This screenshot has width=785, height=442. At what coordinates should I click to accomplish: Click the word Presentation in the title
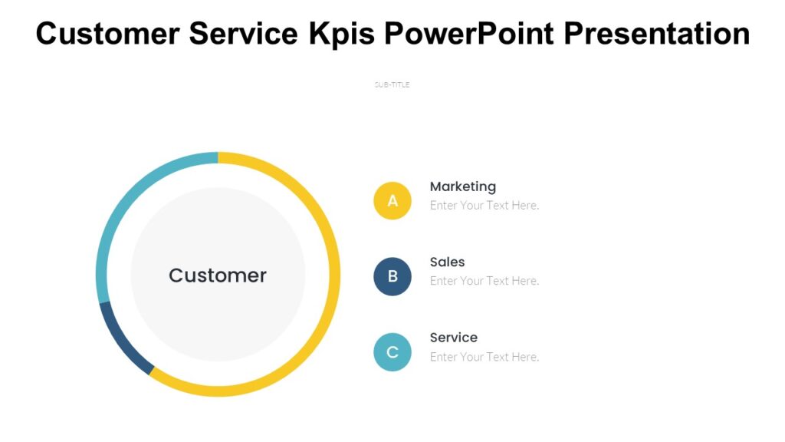[659, 33]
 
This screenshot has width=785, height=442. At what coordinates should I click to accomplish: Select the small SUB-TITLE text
[392, 84]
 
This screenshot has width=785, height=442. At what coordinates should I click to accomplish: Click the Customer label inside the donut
[218, 275]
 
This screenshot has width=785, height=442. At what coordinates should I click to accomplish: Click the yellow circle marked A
[392, 201]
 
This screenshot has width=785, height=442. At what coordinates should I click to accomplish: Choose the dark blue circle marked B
[392, 276]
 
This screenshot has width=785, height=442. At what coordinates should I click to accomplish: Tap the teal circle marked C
[392, 352]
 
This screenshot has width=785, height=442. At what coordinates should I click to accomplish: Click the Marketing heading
[462, 186]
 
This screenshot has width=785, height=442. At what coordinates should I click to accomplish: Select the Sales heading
[447, 262]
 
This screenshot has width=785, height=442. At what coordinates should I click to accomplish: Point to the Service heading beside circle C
[453, 338]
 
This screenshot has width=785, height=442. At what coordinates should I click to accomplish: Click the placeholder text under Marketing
[484, 206]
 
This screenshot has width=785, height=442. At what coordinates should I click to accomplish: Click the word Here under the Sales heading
[526, 281]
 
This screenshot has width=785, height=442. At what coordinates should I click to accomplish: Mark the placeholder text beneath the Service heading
[484, 357]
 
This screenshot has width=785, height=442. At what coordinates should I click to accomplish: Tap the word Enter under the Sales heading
[443, 281]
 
